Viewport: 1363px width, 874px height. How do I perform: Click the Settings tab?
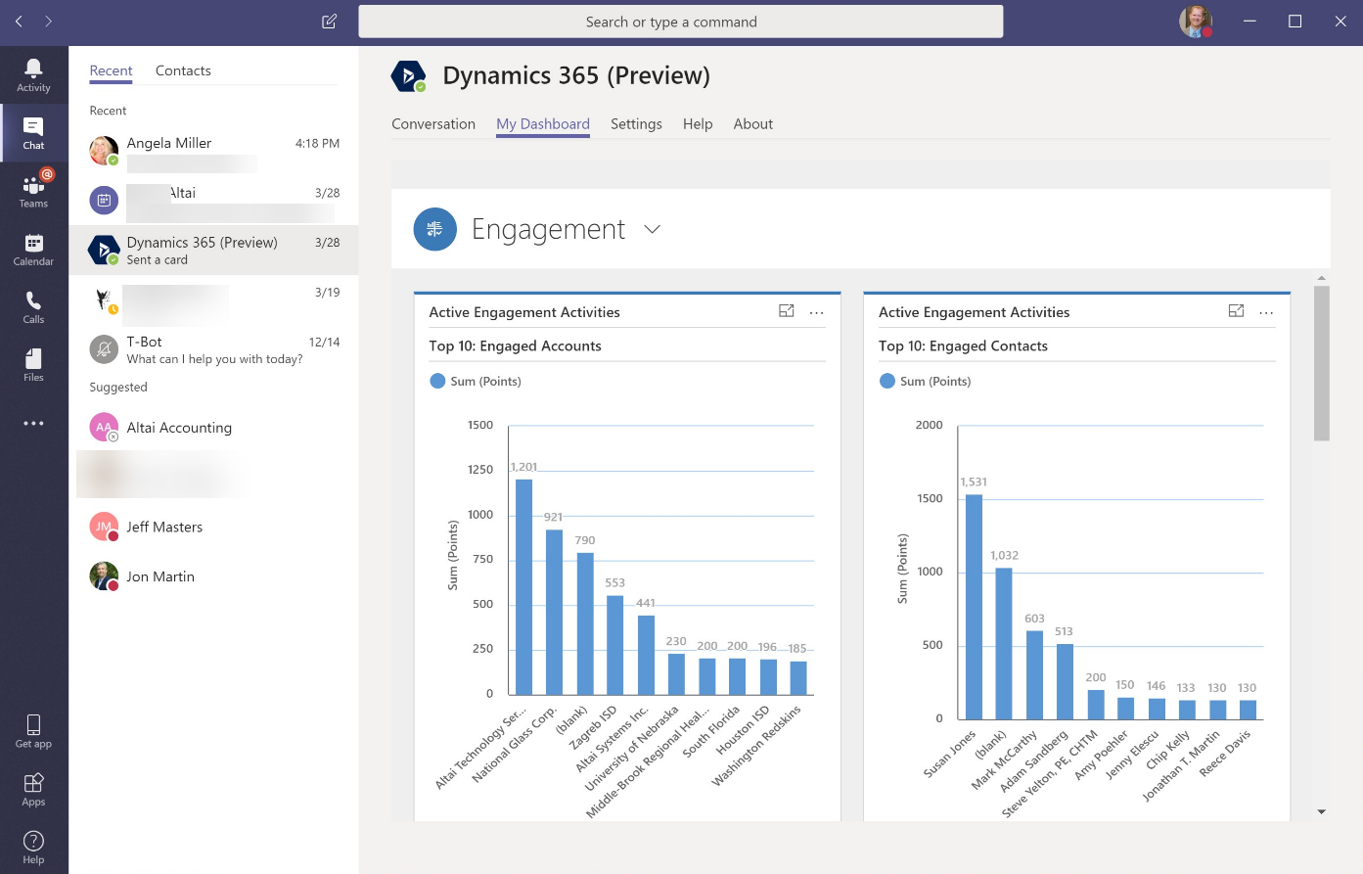point(636,124)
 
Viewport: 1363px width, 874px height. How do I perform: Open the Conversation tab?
point(433,124)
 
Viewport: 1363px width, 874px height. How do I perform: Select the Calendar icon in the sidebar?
point(33,249)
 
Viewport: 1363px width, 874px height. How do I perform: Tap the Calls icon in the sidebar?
point(33,306)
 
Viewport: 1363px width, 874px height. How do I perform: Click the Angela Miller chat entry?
point(213,152)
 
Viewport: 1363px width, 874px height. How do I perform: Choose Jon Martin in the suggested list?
point(159,576)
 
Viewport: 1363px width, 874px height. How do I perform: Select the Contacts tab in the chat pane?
point(183,70)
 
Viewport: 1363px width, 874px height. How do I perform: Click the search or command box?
point(680,22)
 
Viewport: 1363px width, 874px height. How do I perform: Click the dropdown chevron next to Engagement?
point(653,229)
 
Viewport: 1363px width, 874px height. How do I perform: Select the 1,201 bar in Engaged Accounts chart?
point(524,587)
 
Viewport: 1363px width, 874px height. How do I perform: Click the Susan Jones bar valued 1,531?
point(974,607)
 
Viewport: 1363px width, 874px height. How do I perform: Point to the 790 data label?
point(585,540)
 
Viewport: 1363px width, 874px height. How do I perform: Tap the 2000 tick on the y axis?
point(929,425)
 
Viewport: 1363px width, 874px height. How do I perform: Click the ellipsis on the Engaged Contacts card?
point(1266,313)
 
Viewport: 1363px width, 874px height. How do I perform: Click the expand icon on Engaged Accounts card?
point(786,311)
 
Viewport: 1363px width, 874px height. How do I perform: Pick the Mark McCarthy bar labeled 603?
point(1034,675)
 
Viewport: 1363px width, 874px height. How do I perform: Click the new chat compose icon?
point(330,22)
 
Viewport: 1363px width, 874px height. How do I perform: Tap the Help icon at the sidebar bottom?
point(33,847)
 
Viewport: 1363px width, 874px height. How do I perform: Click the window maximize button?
point(1295,22)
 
